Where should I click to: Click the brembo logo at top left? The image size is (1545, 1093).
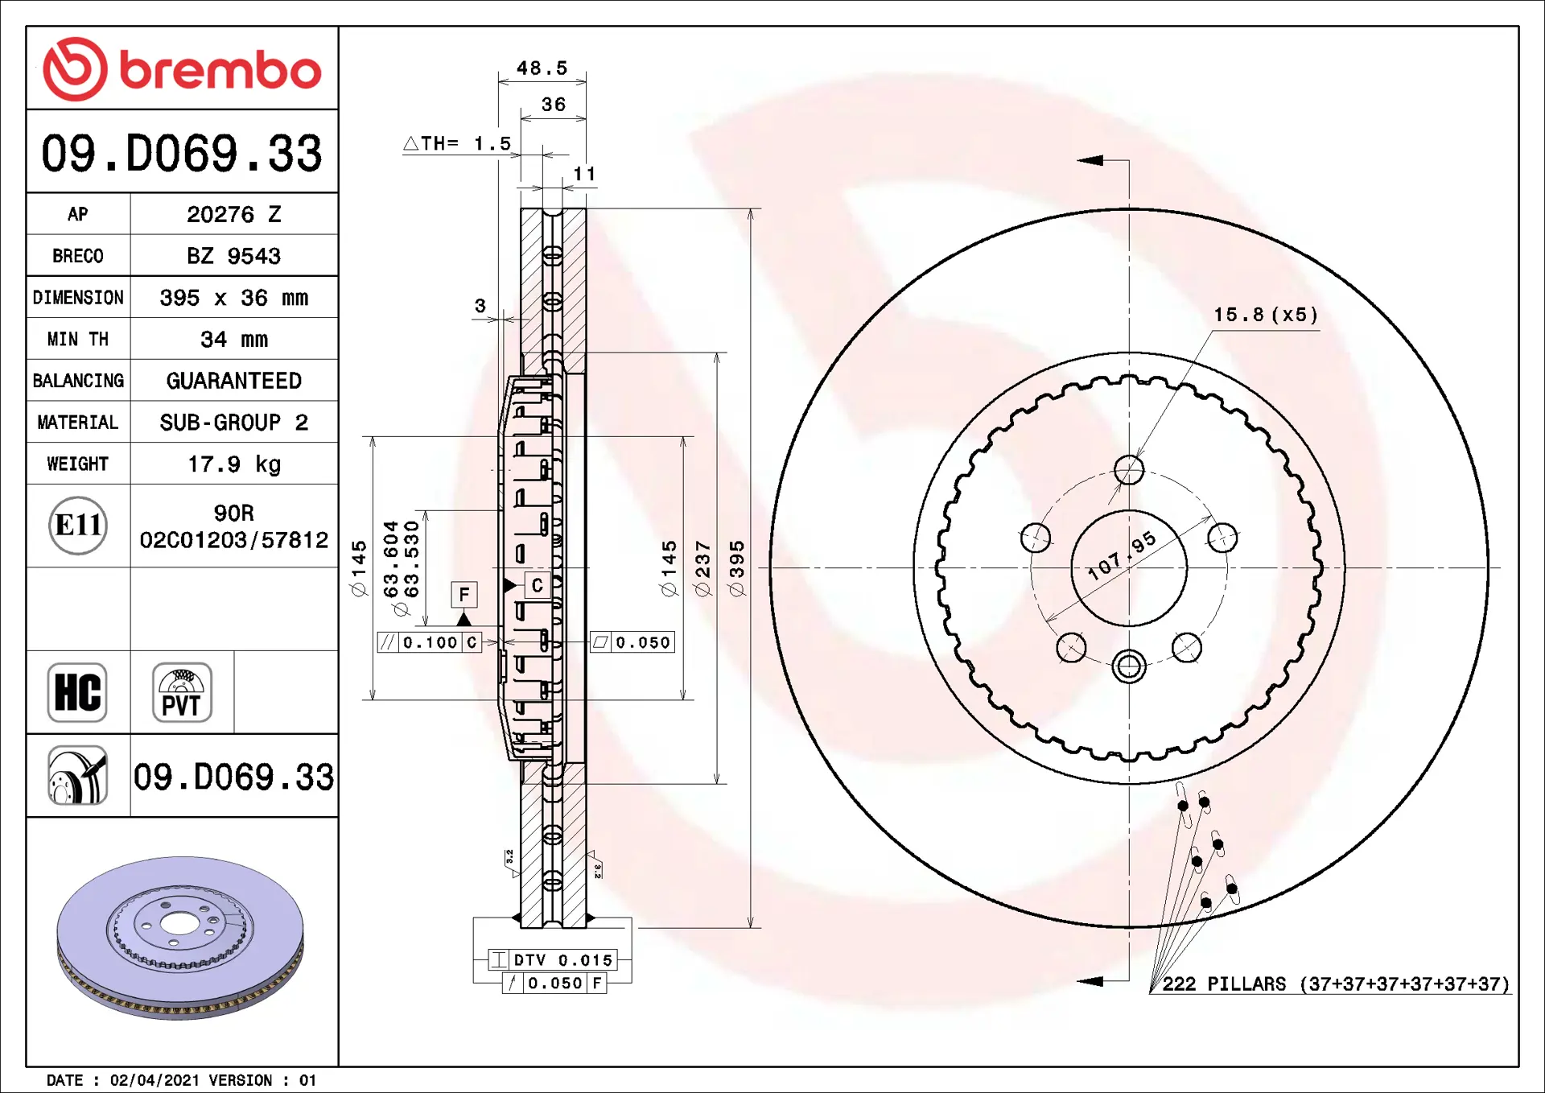[x=182, y=69]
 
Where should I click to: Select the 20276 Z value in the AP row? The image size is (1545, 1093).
[x=234, y=214]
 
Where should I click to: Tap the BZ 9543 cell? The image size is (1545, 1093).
[x=234, y=256]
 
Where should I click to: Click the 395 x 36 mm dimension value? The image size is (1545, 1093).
[x=234, y=298]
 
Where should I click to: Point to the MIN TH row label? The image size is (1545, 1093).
[x=78, y=339]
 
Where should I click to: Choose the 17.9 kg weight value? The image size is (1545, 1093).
[x=234, y=464]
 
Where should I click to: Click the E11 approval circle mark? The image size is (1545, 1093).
[x=78, y=526]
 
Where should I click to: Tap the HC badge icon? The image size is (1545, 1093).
[x=77, y=692]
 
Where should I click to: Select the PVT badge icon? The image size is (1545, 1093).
[x=182, y=692]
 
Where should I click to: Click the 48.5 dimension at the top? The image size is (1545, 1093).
[x=542, y=68]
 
